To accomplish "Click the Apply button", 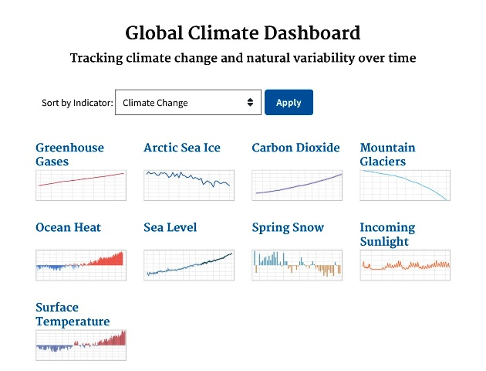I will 289,103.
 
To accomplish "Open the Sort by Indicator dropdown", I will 187,103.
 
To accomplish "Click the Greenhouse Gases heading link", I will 69,155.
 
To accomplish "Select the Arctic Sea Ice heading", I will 182,148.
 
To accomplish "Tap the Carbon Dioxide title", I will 295,148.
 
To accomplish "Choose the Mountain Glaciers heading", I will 387,155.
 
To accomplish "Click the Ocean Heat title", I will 68,227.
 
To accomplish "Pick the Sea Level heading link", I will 170,227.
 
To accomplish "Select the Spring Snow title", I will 288,227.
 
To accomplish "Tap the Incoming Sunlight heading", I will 387,234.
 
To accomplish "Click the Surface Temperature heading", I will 73,314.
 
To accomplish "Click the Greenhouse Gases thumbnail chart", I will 81,185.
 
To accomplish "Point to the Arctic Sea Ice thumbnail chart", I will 189,185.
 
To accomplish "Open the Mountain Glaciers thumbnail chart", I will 405,185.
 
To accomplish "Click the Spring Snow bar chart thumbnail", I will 297,265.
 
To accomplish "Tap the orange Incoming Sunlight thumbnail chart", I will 405,265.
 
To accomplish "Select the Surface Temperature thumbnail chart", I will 81,345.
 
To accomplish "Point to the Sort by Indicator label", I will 77,103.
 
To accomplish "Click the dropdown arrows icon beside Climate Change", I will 250,103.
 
